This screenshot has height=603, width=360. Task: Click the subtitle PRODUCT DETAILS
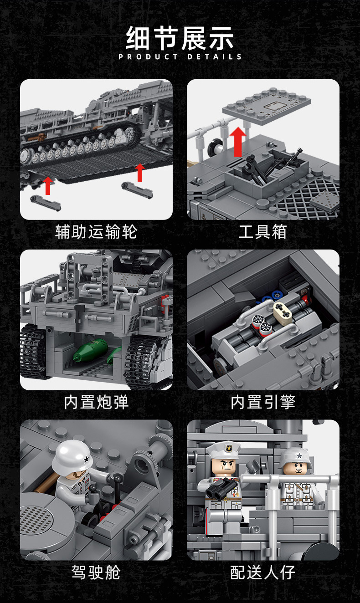click(x=180, y=57)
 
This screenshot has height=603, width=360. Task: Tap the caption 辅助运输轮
click(x=96, y=232)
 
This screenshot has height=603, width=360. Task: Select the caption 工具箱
click(x=262, y=232)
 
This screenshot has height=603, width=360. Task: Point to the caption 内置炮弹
click(x=96, y=402)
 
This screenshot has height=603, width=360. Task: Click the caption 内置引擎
click(x=263, y=402)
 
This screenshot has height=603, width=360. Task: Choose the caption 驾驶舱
click(x=96, y=572)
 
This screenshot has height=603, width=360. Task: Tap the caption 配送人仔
click(x=263, y=572)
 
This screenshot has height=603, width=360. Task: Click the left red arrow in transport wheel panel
click(x=47, y=186)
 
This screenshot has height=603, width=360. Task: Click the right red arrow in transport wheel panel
click(x=140, y=173)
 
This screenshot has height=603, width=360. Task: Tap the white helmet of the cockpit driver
click(x=72, y=455)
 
